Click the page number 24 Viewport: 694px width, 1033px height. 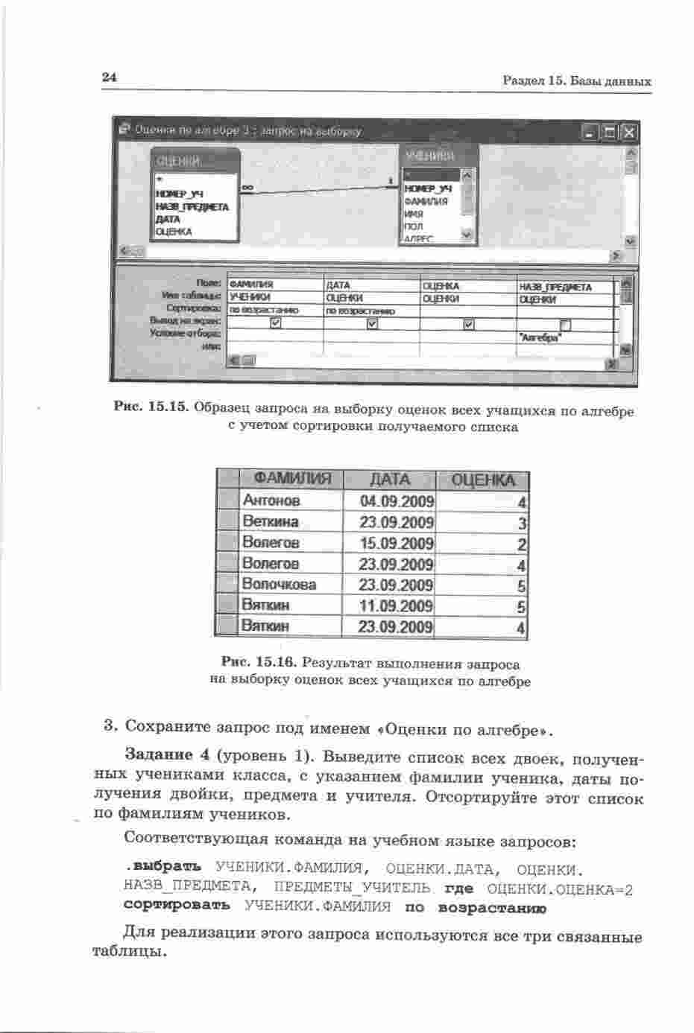pos(110,77)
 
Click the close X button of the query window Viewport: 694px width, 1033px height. pos(628,133)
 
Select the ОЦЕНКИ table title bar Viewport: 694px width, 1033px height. pos(195,161)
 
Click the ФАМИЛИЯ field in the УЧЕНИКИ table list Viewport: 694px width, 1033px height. pos(426,201)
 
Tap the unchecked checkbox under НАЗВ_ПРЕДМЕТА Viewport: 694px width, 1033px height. pos(564,324)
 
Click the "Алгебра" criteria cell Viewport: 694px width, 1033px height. pos(541,337)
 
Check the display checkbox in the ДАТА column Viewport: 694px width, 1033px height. pos(372,323)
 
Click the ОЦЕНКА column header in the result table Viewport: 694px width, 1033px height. pos(483,480)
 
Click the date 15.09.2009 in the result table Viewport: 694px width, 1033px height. pos(396,543)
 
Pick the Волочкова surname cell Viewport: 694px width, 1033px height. pos(279,585)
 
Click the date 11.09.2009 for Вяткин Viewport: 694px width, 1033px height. pos(396,606)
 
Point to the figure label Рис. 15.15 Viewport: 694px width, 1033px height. pos(153,409)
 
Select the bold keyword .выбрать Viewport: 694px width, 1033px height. pos(163,868)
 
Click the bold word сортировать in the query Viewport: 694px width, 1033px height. pos(177,905)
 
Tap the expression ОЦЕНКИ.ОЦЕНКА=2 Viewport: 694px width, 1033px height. pos(559,889)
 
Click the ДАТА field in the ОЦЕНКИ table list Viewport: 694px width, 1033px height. pos(168,220)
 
